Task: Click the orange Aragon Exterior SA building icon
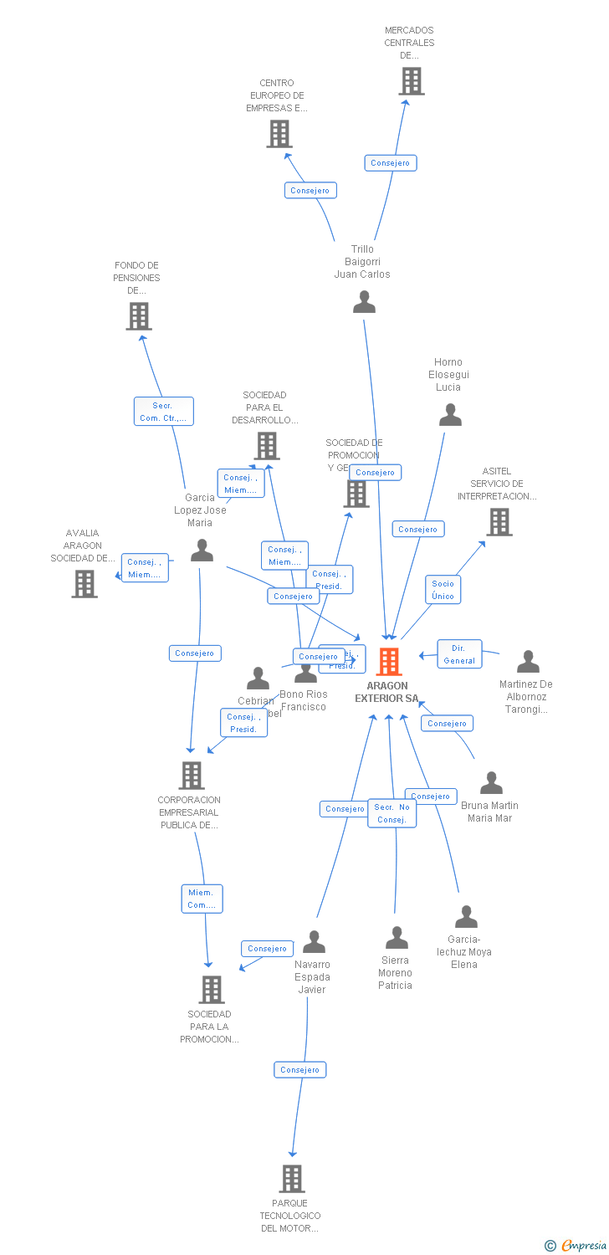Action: (388, 662)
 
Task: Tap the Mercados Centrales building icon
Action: (411, 81)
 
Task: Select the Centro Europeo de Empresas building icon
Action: (279, 134)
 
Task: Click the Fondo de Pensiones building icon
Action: (138, 316)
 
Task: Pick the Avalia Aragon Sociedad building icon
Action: (84, 584)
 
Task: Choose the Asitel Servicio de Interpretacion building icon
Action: (499, 522)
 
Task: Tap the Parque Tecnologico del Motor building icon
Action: (291, 1179)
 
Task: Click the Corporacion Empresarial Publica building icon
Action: (192, 776)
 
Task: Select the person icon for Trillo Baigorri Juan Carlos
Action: (364, 302)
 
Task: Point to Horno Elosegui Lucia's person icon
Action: (450, 415)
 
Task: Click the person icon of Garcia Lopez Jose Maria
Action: (202, 550)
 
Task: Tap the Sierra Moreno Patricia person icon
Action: (397, 938)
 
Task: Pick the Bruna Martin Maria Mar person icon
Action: (491, 783)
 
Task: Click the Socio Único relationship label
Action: (443, 590)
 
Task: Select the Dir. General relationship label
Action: (459, 654)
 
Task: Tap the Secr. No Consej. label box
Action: (391, 813)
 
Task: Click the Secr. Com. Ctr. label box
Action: (163, 412)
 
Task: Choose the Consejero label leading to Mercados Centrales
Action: (390, 163)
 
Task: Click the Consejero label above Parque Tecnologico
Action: (299, 1069)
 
